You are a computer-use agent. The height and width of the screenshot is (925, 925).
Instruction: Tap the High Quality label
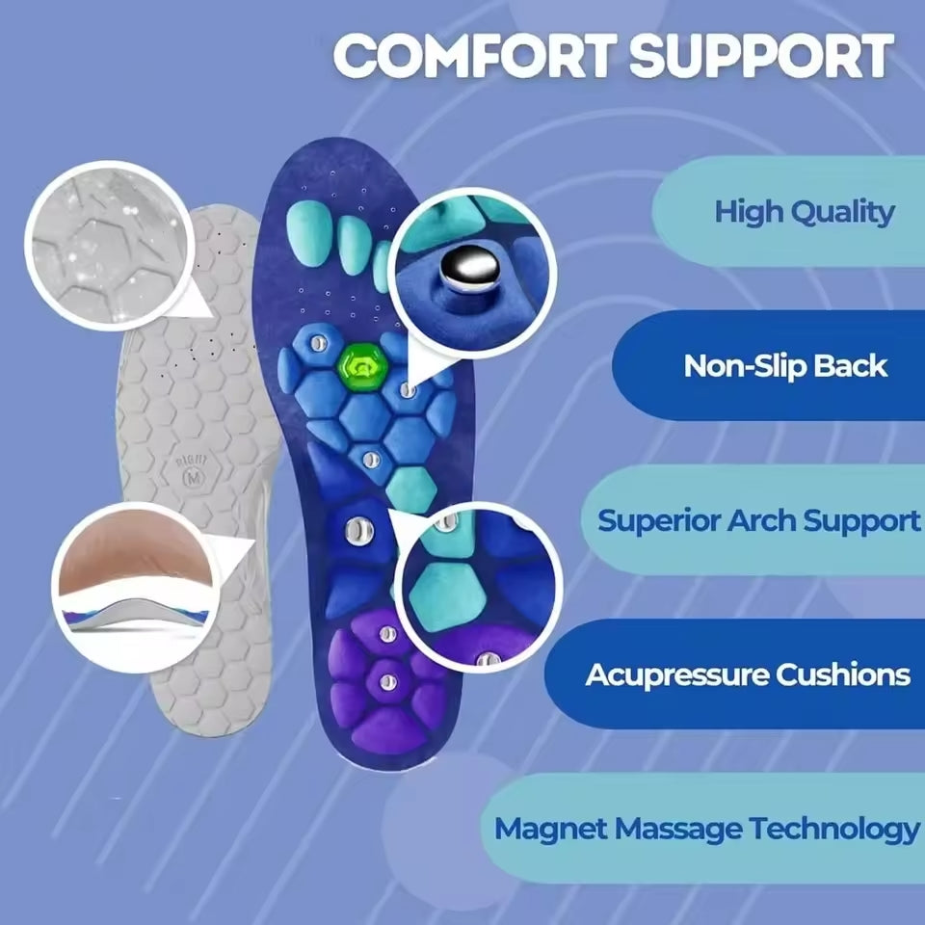tap(804, 212)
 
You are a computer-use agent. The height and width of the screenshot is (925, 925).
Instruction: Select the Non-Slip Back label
tap(784, 366)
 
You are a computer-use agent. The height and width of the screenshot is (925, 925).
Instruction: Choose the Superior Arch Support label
tap(758, 520)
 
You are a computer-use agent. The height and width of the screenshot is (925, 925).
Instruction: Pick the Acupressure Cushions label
tap(747, 674)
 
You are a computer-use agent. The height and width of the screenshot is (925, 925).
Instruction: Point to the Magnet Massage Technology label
tap(706, 829)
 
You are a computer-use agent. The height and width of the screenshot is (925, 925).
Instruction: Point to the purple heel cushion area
tap(385, 679)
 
